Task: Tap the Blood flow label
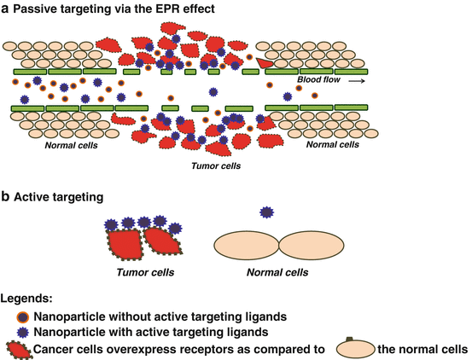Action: pos(318,80)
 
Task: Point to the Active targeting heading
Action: pos(59,196)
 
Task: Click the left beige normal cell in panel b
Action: pos(247,243)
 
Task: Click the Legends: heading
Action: pos(26,299)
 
